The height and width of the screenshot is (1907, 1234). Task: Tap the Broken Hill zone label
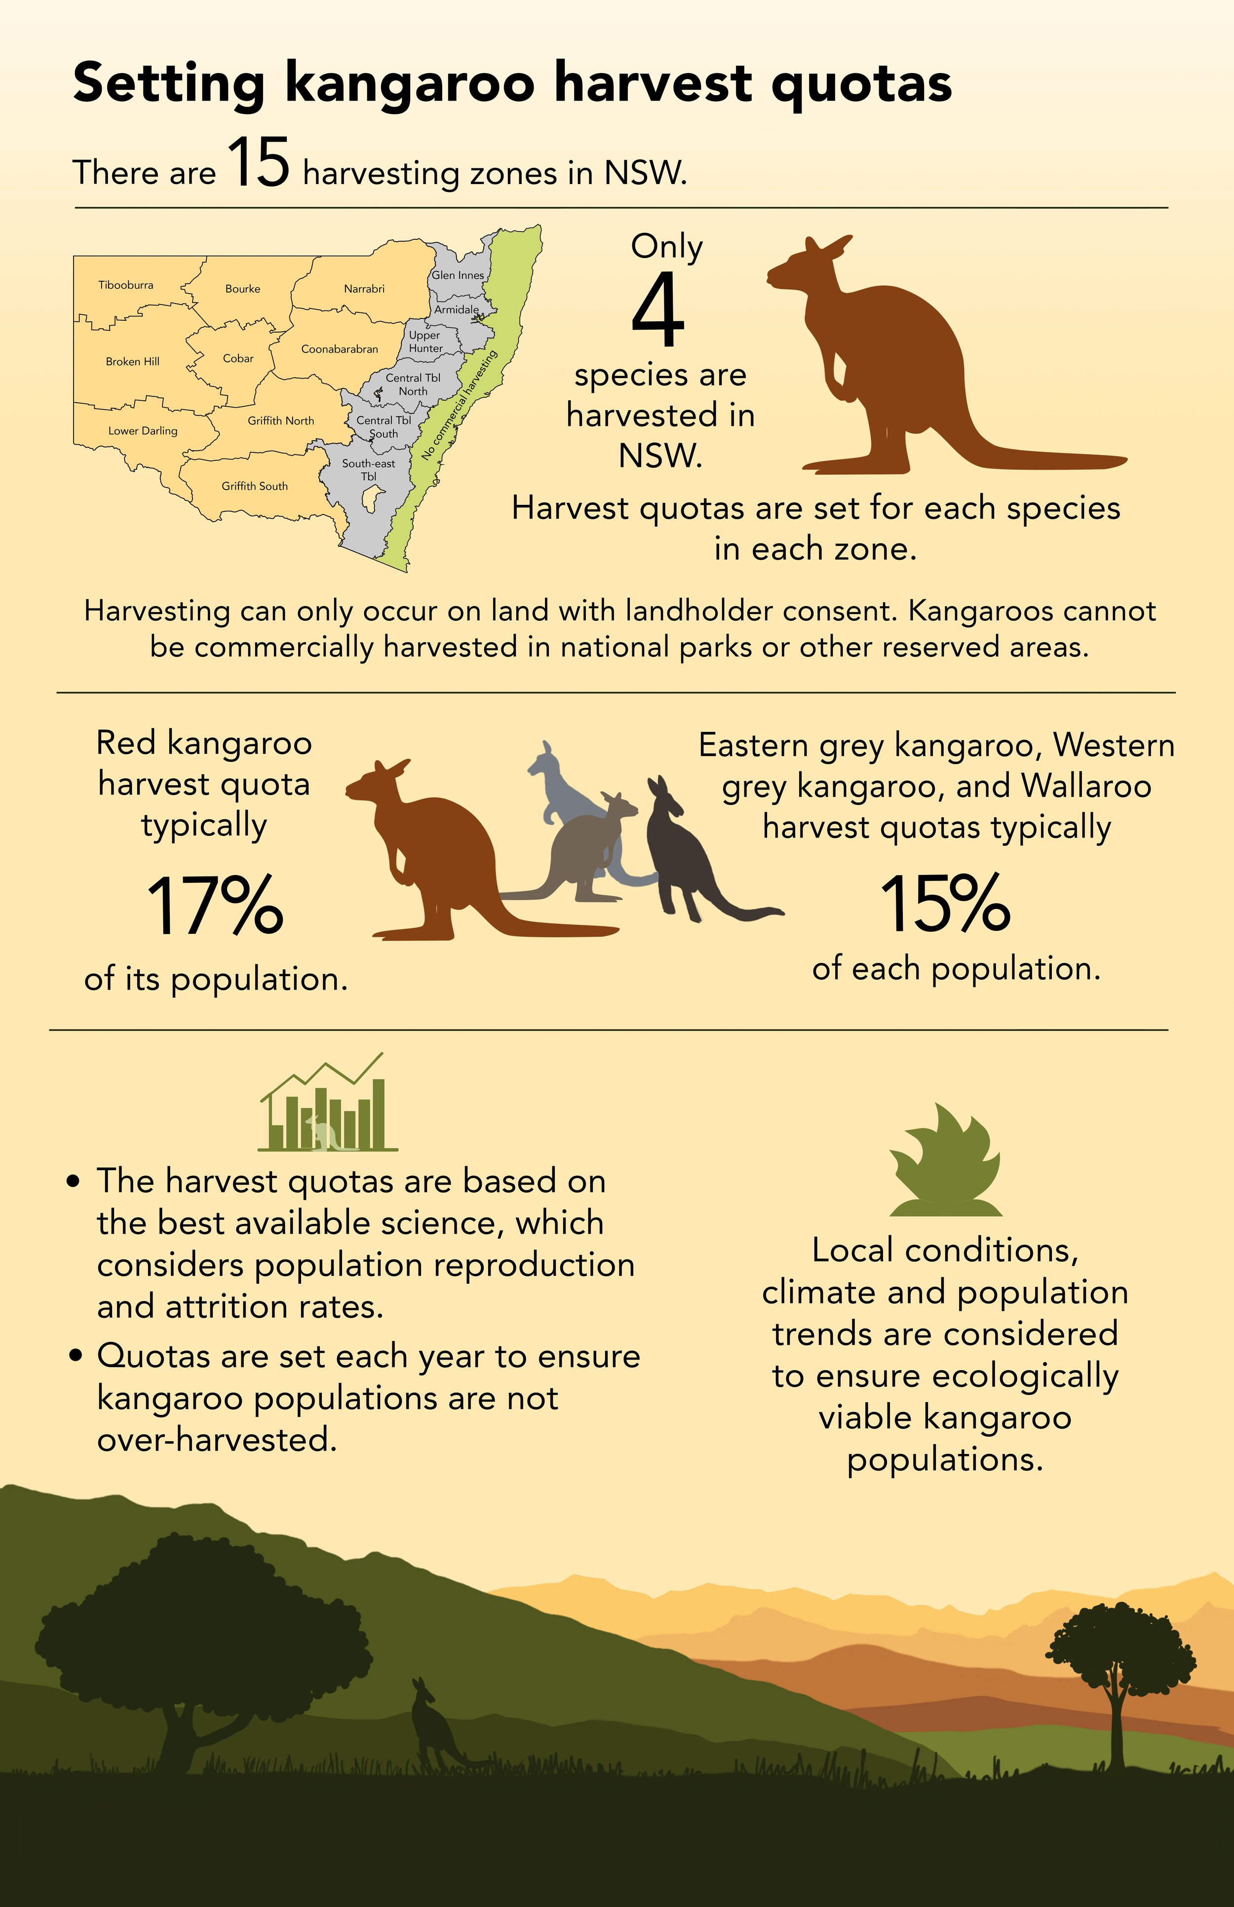pyautogui.click(x=132, y=361)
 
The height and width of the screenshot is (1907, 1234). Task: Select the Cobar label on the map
pyautogui.click(x=238, y=358)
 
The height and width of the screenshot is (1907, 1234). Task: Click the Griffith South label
pyautogui.click(x=254, y=486)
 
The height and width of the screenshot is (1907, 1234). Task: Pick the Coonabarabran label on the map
pyautogui.click(x=339, y=349)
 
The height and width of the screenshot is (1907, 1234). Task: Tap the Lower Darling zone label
pyautogui.click(x=143, y=431)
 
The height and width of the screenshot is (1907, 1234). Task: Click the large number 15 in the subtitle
pyautogui.click(x=258, y=163)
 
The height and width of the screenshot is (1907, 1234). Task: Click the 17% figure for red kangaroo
pyautogui.click(x=215, y=906)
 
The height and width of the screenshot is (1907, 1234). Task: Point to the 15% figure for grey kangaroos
pyautogui.click(x=946, y=904)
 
